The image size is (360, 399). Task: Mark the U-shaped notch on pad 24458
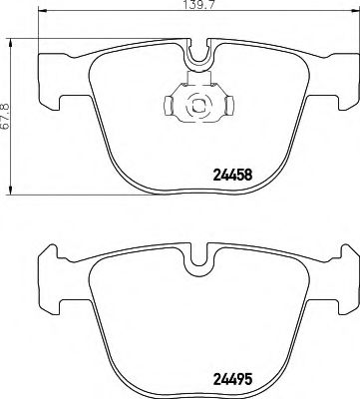click(x=197, y=59)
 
